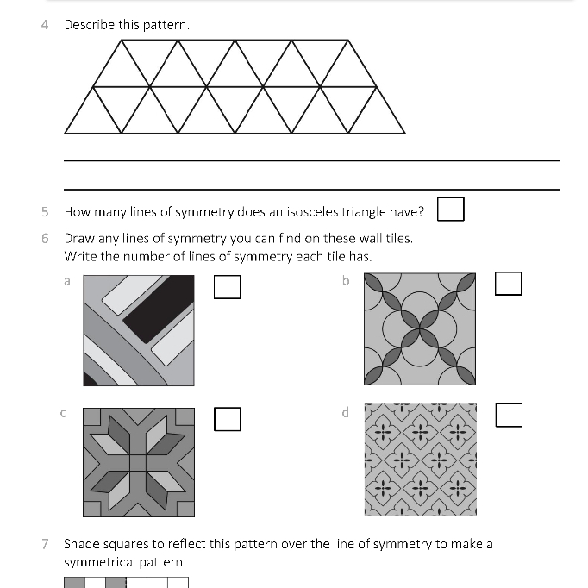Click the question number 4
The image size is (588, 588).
[x=45, y=24]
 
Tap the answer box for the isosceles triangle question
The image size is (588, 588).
[x=450, y=210]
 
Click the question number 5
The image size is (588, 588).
[x=45, y=211]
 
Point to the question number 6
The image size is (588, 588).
[x=45, y=238]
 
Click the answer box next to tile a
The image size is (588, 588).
[x=227, y=286]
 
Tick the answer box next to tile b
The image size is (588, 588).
[x=509, y=283]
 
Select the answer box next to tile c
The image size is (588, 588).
[x=227, y=419]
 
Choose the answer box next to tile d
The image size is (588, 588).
[x=509, y=416]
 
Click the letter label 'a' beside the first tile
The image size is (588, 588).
[x=67, y=280]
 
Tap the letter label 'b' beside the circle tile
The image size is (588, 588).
[x=346, y=280]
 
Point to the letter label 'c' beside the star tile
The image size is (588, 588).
[x=63, y=413]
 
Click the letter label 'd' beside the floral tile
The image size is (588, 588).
[x=346, y=413]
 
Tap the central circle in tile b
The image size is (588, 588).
[x=420, y=328]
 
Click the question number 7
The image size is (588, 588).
[x=45, y=543]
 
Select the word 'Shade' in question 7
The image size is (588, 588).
[x=81, y=543]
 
